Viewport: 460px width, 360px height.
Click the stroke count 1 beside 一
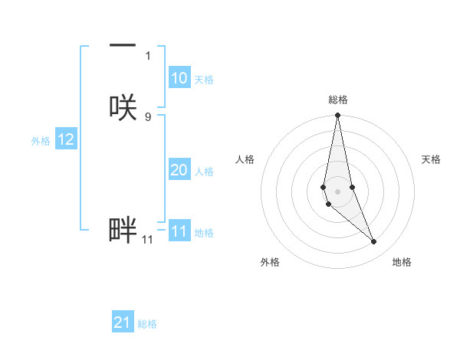pyautogui.click(x=148, y=56)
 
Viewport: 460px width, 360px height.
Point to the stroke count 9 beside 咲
pyautogui.click(x=148, y=116)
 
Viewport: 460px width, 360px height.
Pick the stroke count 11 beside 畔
pyautogui.click(x=147, y=240)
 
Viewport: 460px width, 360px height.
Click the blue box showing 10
pyautogui.click(x=179, y=78)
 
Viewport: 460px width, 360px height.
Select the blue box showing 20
pyautogui.click(x=179, y=170)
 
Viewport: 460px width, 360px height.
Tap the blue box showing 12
pyautogui.click(x=66, y=139)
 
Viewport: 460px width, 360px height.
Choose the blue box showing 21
pyautogui.click(x=123, y=322)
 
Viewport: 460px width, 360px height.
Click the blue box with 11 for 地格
pyautogui.click(x=179, y=231)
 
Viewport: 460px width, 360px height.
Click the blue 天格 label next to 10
pyautogui.click(x=204, y=80)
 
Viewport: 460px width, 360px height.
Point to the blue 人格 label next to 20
pyautogui.click(x=205, y=172)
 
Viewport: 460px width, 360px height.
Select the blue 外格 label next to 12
pyautogui.click(x=41, y=141)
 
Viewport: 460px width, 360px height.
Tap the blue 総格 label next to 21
pyautogui.click(x=147, y=324)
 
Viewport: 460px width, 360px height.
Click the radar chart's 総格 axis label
pyautogui.click(x=338, y=100)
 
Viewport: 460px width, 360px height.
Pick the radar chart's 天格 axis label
pyautogui.click(x=432, y=159)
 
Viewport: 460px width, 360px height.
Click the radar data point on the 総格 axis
pyautogui.click(x=338, y=116)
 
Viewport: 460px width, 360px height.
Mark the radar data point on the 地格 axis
pyautogui.click(x=374, y=242)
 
